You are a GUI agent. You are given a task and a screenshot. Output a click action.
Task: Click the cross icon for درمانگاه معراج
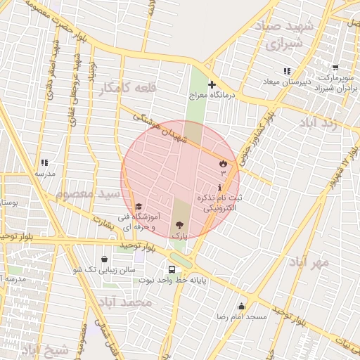click(x=212, y=84)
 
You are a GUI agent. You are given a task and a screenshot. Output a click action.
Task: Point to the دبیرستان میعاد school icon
click(x=286, y=72)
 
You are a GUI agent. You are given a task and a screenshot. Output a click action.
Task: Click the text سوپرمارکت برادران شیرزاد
click(x=333, y=82)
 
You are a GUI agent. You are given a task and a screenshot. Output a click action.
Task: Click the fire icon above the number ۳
click(x=224, y=163)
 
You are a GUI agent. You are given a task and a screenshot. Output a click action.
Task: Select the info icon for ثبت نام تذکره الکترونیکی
click(x=221, y=188)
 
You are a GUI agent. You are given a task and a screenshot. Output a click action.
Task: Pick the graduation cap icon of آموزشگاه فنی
click(x=139, y=207)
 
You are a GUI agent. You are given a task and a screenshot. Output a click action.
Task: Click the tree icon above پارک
click(x=179, y=226)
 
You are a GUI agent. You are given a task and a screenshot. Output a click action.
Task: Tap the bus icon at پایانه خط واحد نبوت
click(x=172, y=269)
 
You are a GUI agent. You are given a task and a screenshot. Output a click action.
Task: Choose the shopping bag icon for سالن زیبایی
click(x=105, y=259)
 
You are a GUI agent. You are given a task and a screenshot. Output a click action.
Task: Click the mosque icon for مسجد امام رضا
click(x=242, y=306)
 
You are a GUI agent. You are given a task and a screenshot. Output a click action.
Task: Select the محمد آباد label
click(x=126, y=302)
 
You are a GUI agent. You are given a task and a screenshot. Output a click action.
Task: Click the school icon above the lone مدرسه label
click(x=44, y=163)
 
